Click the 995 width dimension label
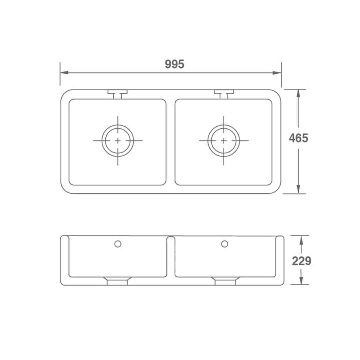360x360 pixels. [174, 64]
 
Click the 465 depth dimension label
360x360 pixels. [298, 138]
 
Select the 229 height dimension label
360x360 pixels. [301, 261]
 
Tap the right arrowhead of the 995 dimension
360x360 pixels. [277, 73]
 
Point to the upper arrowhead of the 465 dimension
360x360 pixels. [298, 93]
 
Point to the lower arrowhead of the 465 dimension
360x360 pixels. [298, 189]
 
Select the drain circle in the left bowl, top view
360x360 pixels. [118, 141]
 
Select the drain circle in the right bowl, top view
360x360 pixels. [224, 141]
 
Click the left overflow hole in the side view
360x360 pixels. [118, 244]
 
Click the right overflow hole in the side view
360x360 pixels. [225, 244]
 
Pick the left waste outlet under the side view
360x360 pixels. [117, 281]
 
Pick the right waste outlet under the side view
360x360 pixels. [225, 281]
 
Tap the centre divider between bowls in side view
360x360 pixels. [170, 257]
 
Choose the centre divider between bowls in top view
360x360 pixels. [170, 142]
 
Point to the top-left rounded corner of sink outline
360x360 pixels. [64, 93]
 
